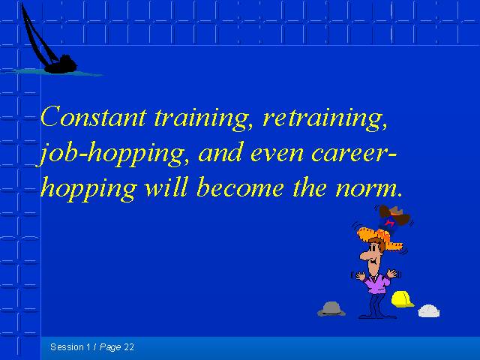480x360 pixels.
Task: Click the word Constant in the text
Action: click(93, 116)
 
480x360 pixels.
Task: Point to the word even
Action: click(277, 154)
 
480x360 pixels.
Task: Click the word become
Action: click(240, 187)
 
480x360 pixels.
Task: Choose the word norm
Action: click(368, 189)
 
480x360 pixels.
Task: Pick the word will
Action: click(165, 187)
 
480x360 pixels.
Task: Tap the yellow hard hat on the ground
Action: click(402, 299)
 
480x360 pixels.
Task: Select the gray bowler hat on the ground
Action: click(331, 308)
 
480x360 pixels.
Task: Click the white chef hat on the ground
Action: click(429, 310)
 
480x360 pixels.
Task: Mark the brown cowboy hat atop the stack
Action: click(394, 214)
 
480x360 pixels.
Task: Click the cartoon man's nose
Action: click(364, 255)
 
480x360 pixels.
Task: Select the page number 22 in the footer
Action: click(129, 347)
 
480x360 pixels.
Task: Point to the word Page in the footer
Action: click(110, 348)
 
